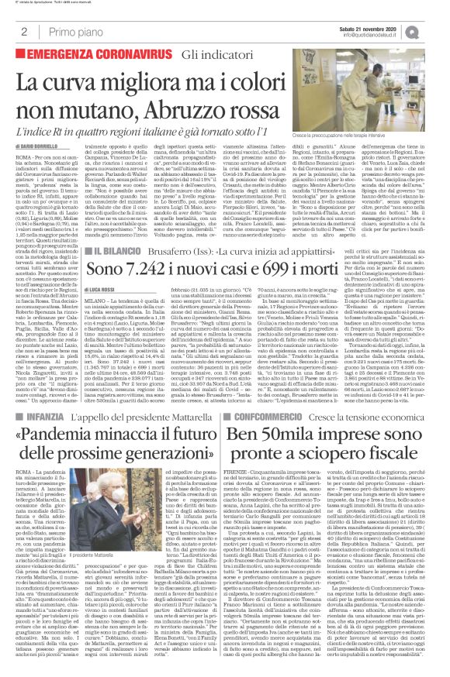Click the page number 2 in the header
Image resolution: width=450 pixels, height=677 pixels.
click(x=24, y=32)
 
